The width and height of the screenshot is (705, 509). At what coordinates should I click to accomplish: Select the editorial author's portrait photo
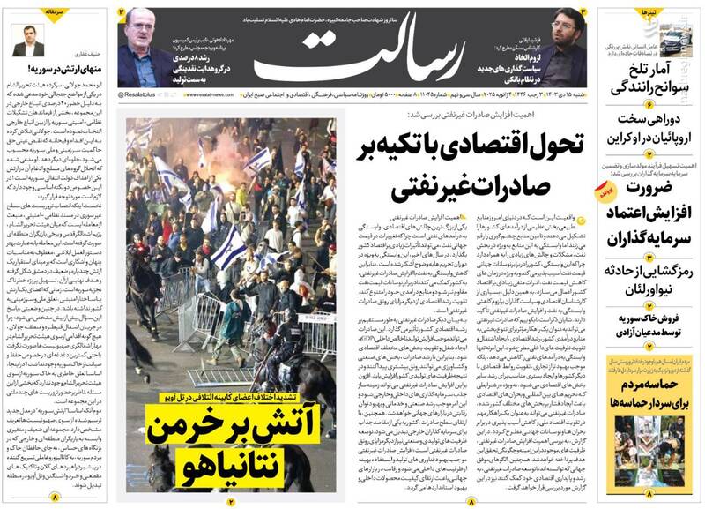tap(27, 41)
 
